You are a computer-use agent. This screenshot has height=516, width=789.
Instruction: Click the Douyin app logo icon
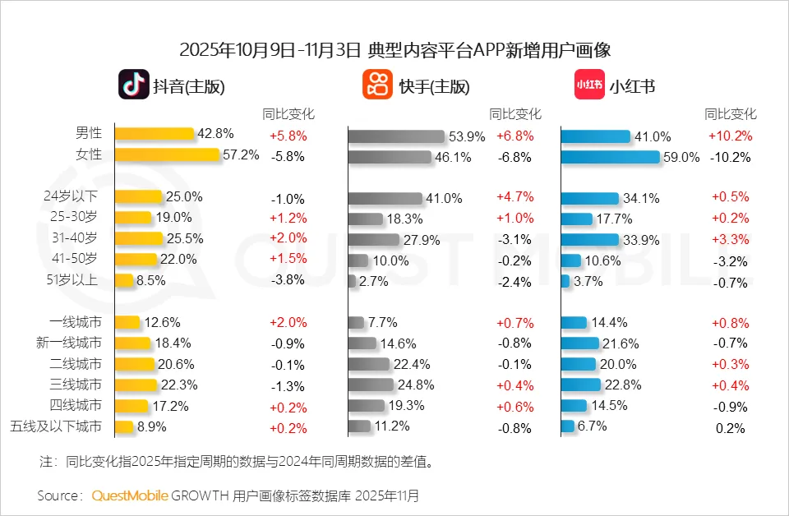tap(133, 85)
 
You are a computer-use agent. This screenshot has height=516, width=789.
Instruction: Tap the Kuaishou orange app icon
tap(377, 85)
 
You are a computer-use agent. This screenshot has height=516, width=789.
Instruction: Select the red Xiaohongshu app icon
tap(588, 85)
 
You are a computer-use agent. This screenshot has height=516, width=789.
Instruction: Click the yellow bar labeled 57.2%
tap(168, 154)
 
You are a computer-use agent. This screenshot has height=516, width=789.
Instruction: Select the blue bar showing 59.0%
tap(610, 156)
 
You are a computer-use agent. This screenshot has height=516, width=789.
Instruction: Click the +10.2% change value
tap(731, 136)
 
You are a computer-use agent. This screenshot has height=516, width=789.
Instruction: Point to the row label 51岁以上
tap(80, 280)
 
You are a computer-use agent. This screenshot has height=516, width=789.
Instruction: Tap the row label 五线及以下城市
tap(57, 426)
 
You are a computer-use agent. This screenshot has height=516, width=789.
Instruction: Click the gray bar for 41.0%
tap(384, 198)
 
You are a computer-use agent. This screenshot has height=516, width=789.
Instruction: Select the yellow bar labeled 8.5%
tap(124, 280)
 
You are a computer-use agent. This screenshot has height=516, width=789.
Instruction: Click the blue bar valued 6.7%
tap(567, 426)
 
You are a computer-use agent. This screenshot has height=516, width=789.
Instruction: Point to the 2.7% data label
tap(374, 281)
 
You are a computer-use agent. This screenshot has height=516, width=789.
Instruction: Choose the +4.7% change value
tap(515, 197)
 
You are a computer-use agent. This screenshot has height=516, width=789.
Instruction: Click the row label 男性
tap(89, 133)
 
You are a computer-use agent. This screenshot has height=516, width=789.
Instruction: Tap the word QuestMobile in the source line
tap(130, 495)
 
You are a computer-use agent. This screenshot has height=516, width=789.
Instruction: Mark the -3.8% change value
tap(288, 280)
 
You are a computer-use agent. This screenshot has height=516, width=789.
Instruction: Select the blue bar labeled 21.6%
tap(579, 343)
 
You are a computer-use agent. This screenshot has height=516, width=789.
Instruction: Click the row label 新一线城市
tap(76, 343)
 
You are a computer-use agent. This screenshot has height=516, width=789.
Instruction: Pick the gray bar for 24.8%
tap(371, 385)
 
